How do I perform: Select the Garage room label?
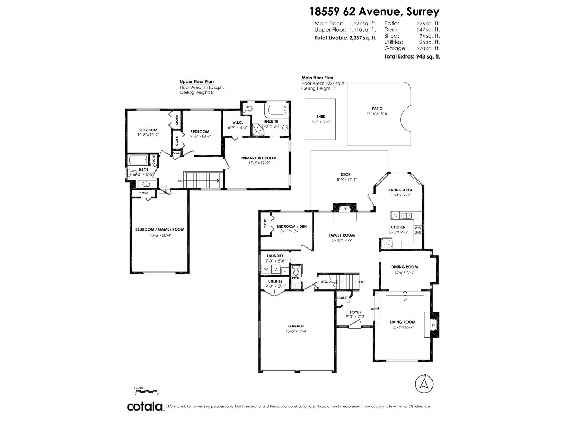[296, 326]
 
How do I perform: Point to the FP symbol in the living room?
[433, 325]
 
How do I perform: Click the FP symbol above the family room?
[345, 209]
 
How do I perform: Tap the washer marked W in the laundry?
[266, 269]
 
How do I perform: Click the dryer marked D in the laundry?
[276, 269]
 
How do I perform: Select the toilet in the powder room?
[296, 270]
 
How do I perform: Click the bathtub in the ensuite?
[278, 110]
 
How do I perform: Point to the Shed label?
[321, 117]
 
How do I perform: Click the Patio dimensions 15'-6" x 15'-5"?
[377, 114]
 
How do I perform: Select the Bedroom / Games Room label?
[160, 229]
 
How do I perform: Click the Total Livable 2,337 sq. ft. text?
[345, 37]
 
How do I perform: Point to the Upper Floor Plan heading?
[197, 81]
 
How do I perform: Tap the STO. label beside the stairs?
[325, 282]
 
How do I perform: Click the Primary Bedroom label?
[258, 158]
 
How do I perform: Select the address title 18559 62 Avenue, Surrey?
[374, 12]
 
